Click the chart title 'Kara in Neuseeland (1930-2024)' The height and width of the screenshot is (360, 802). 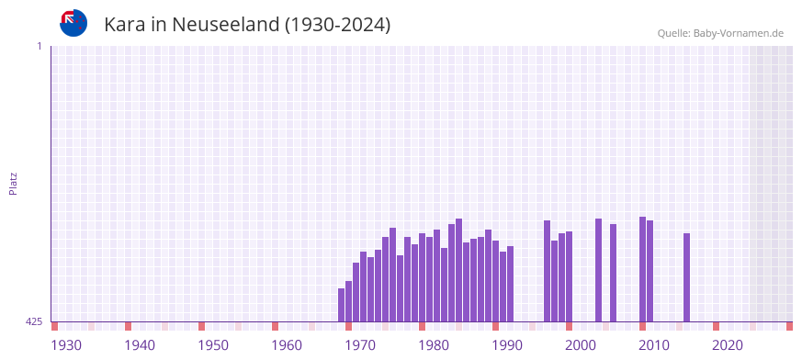click(247, 25)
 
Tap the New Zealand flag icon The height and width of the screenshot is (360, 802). click(73, 23)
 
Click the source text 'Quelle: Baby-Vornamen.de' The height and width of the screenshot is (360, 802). click(720, 33)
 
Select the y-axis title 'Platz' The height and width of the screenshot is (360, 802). click(13, 183)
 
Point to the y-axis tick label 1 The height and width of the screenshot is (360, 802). click(39, 46)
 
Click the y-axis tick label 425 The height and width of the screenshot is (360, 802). click(34, 321)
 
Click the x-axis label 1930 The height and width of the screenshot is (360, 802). click(66, 345)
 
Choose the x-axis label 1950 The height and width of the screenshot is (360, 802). click(213, 345)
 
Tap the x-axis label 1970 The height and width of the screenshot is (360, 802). click(360, 345)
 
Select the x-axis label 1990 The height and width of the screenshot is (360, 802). click(507, 345)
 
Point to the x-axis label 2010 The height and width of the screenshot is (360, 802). click(654, 345)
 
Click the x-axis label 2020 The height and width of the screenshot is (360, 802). click(728, 345)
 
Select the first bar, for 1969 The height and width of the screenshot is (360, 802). click(342, 305)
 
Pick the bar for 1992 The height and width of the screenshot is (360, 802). click(511, 284)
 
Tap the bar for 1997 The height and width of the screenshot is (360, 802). click(548, 271)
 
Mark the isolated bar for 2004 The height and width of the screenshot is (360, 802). click(614, 273)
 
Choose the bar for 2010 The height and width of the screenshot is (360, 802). click(650, 271)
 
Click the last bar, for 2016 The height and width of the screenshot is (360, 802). click(687, 277)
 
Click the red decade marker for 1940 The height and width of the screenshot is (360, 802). click(129, 326)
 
